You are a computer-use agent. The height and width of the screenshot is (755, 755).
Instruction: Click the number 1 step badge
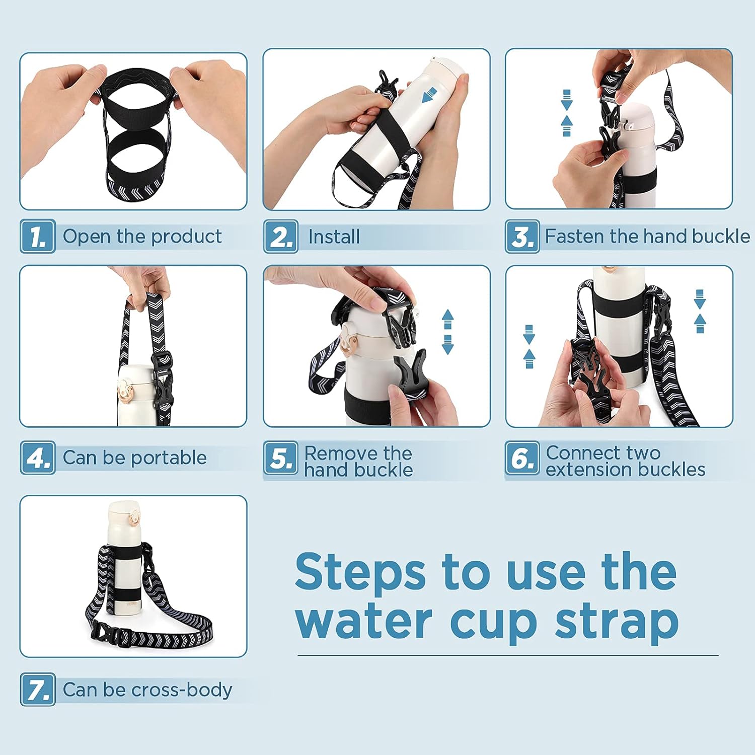point(38,236)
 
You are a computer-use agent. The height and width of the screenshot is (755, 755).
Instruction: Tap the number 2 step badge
point(281,236)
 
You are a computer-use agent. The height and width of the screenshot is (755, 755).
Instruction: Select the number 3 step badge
point(522,236)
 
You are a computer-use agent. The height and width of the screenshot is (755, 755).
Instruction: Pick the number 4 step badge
point(38,458)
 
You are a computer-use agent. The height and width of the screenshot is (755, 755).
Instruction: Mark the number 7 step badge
point(38,689)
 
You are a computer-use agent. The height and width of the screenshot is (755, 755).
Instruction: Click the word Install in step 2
point(334,237)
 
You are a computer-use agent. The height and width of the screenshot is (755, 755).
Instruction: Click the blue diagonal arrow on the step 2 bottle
point(429,95)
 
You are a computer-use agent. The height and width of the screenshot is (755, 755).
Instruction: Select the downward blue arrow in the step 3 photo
point(567,100)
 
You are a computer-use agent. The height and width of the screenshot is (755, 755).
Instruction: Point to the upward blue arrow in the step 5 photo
point(447,318)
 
